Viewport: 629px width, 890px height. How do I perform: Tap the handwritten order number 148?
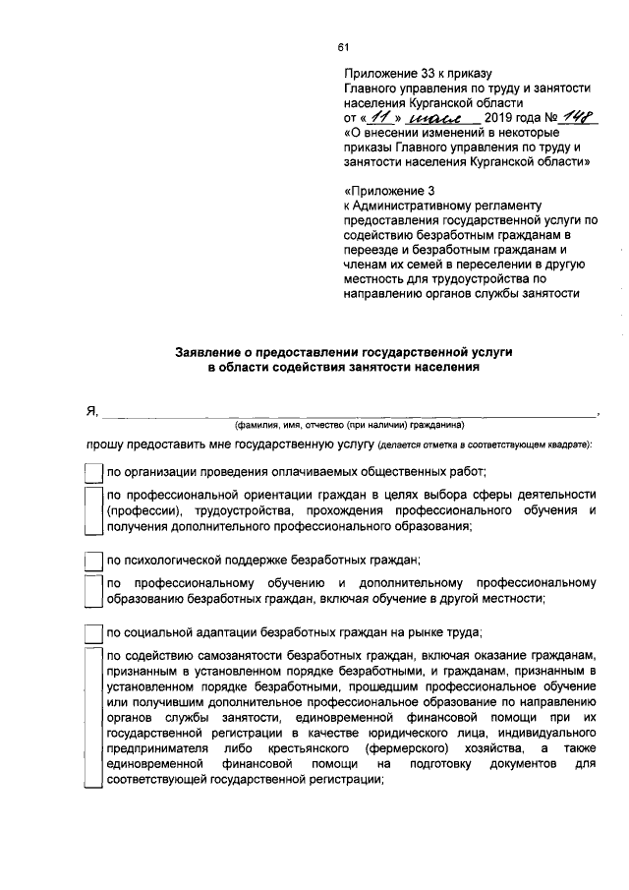click(572, 117)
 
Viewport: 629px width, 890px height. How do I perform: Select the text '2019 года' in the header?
click(511, 119)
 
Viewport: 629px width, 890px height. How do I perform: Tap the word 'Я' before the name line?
click(90, 411)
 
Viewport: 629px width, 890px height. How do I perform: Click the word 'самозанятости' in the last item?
click(242, 654)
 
